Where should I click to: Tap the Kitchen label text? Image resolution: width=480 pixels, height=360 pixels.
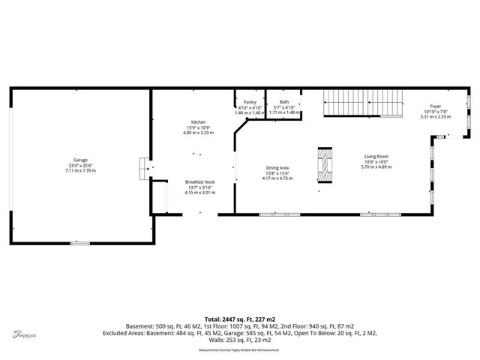[x=198, y=122]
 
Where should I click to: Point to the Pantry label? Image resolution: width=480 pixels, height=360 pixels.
[x=250, y=102]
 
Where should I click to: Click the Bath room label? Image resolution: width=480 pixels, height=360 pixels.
[x=284, y=102]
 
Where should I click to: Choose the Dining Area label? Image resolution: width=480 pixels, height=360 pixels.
[x=277, y=168]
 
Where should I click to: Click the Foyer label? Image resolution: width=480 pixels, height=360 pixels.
[x=435, y=106]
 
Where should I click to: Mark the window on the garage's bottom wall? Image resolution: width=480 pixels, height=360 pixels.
[x=80, y=243]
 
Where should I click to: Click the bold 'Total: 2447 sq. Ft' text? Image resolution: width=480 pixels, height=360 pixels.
[x=240, y=318]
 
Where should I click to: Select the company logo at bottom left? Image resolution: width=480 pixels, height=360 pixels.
[x=25, y=335]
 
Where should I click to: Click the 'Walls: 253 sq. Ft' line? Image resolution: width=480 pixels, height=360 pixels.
[x=240, y=341]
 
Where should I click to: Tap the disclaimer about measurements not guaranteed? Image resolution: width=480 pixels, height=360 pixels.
[x=240, y=349]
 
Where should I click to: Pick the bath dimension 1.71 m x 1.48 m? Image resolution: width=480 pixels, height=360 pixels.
[x=284, y=112]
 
